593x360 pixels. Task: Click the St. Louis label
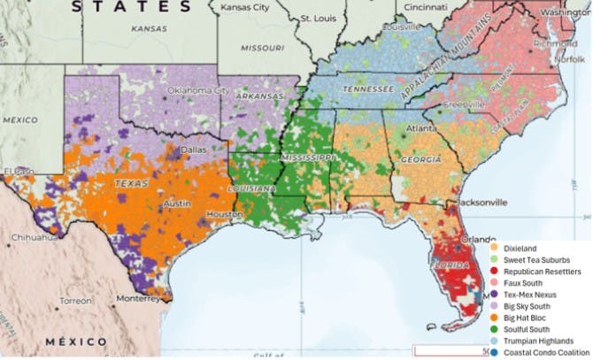coord(318,17)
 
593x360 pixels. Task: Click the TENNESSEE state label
coord(369,89)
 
